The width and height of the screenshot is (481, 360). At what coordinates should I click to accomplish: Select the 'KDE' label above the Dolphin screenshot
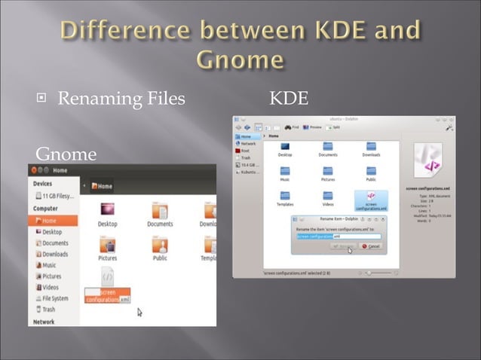(288, 99)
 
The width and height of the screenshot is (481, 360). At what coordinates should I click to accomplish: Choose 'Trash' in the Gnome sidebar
(47, 309)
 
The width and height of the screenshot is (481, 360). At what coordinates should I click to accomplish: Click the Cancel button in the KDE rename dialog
(371, 246)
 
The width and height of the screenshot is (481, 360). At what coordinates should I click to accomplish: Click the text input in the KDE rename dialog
(338, 236)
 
